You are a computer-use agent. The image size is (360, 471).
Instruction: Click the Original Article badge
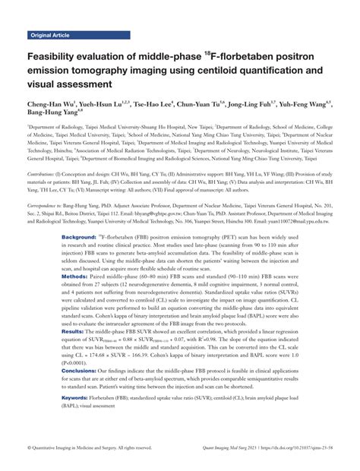click(x=50, y=35)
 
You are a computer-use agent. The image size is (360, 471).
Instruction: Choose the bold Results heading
click(x=74, y=332)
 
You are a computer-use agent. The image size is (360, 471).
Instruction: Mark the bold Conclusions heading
click(x=81, y=370)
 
